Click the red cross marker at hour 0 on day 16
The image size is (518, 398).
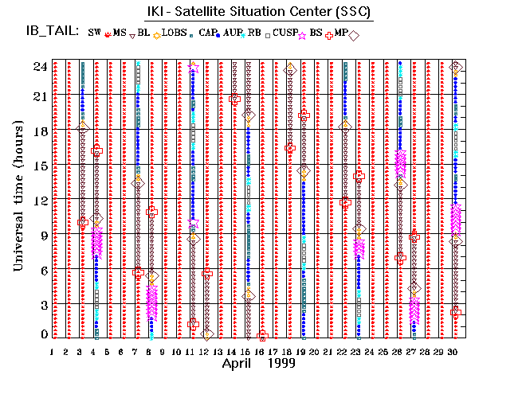(x=262, y=335)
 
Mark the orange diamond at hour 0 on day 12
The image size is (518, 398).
(x=207, y=334)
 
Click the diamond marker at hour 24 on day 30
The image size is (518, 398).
(x=455, y=67)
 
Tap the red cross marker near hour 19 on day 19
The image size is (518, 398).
(x=304, y=115)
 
